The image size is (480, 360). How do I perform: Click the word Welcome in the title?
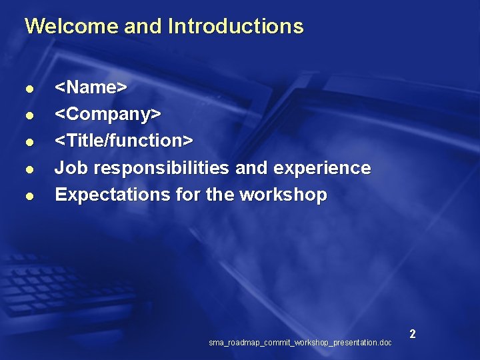coord(62,27)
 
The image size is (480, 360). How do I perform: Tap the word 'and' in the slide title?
coord(143,27)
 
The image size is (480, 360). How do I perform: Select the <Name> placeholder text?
coord(91,87)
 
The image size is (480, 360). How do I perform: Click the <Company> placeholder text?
coord(107,115)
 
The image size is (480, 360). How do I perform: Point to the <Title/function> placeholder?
coord(123,141)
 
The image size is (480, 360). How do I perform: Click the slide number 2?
coord(413,334)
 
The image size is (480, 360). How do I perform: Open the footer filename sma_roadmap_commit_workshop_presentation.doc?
coord(300,343)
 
